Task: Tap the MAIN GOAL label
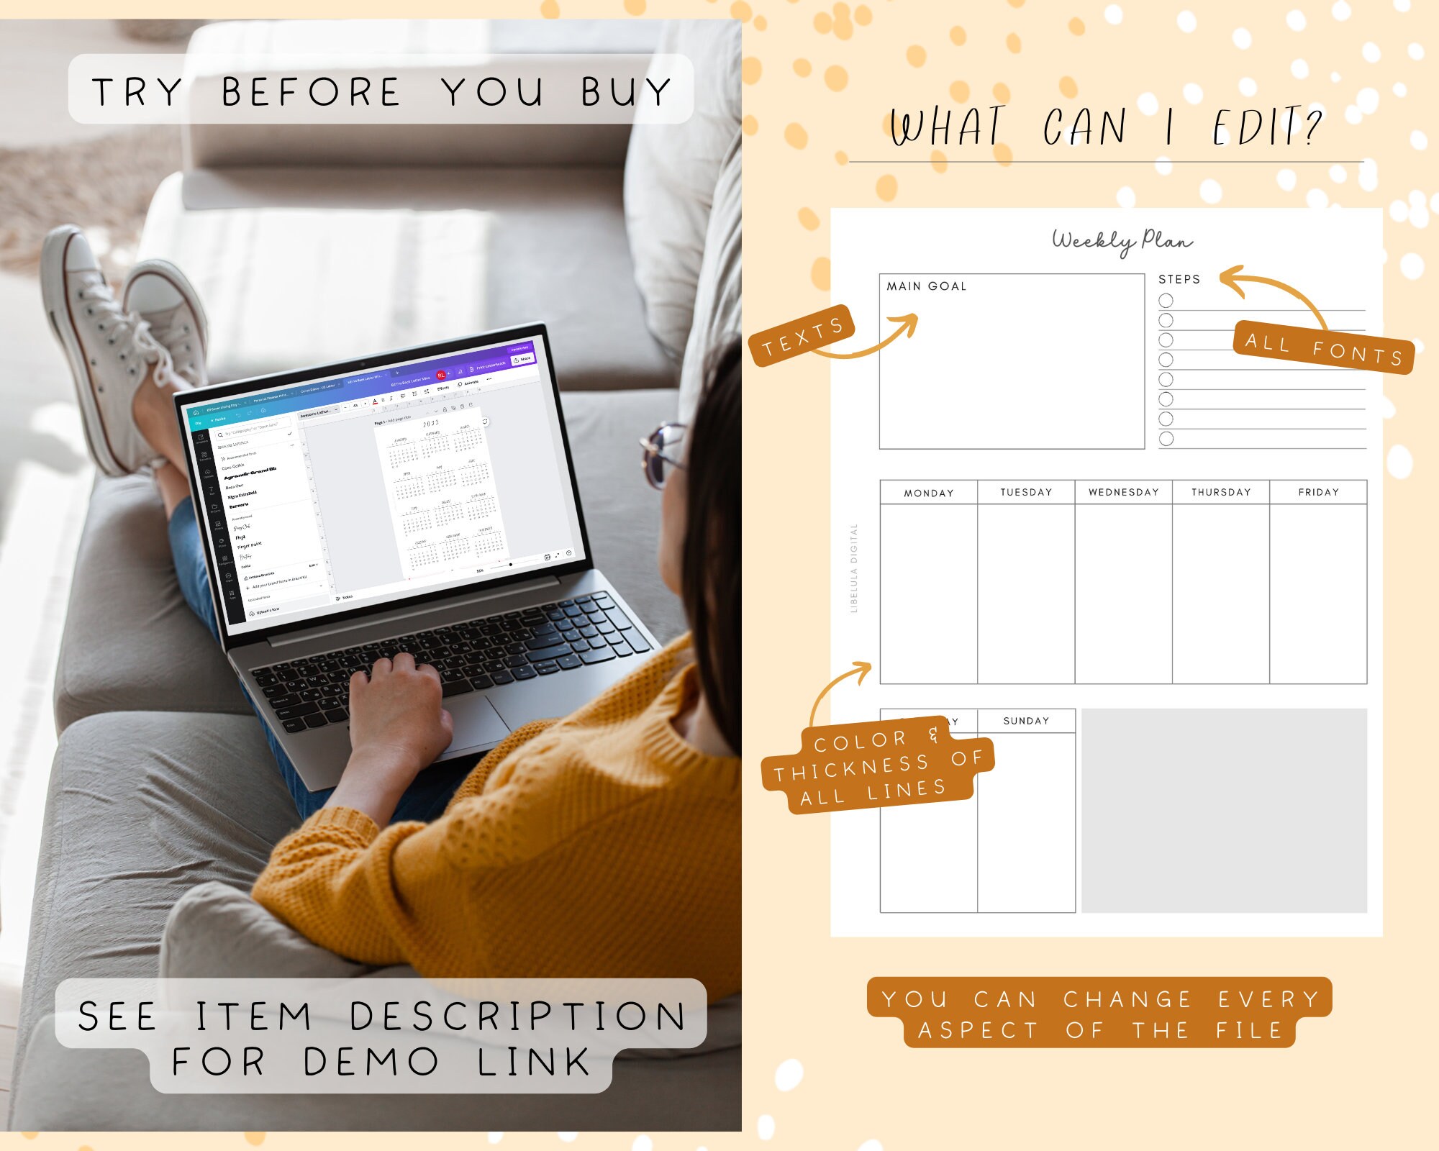926,286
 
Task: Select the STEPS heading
1179,279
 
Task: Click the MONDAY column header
928,493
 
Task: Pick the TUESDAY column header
1026,492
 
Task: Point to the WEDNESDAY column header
1123,492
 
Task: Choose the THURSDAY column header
1221,492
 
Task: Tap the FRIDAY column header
1318,492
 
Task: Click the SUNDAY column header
1026,721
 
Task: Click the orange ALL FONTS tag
1324,348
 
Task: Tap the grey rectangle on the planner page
1223,811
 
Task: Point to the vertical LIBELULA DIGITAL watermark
854,568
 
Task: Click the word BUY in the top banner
626,92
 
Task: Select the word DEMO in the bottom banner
371,1062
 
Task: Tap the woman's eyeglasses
662,453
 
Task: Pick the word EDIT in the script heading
1266,128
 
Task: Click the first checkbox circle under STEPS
1166,300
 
